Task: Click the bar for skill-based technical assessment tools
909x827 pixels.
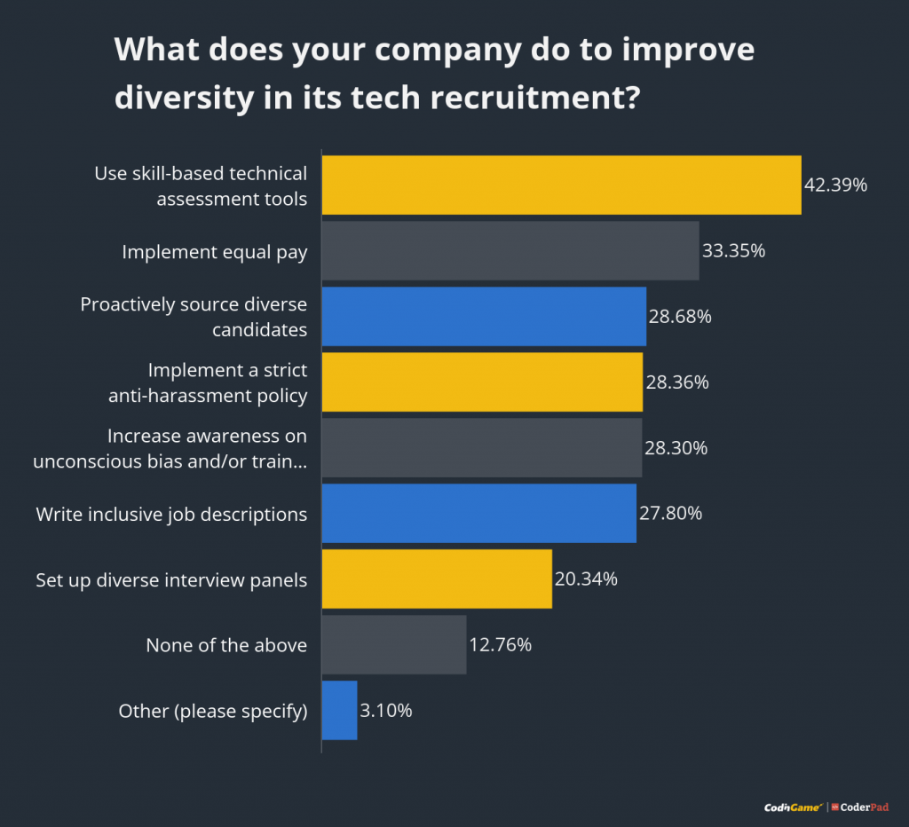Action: pyautogui.click(x=561, y=185)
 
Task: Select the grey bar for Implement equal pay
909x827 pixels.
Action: pyautogui.click(x=510, y=251)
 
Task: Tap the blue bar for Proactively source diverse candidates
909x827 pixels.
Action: pyautogui.click(x=484, y=317)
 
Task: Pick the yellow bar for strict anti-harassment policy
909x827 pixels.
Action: pyautogui.click(x=482, y=382)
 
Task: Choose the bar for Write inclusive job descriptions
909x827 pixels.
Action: pyautogui.click(x=478, y=513)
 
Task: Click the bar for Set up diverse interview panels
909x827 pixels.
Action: pyautogui.click(x=437, y=579)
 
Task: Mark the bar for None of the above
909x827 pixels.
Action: pyautogui.click(x=394, y=644)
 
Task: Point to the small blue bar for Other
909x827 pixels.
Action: pyautogui.click(x=339, y=710)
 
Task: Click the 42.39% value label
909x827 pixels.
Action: pyautogui.click(x=835, y=185)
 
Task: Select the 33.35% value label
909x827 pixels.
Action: pyautogui.click(x=733, y=251)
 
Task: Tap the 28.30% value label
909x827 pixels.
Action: pyautogui.click(x=676, y=448)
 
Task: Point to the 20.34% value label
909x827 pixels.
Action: pyautogui.click(x=586, y=579)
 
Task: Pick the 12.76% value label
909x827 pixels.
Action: pyautogui.click(x=500, y=645)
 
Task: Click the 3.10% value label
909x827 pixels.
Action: pyautogui.click(x=386, y=711)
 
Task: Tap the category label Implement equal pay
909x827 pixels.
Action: pyautogui.click(x=215, y=252)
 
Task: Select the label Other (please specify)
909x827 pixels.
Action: pyautogui.click(x=213, y=711)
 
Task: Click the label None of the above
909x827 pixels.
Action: pyautogui.click(x=226, y=645)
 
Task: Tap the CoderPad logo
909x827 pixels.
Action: pyautogui.click(x=860, y=807)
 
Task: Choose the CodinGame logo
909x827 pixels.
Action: pyautogui.click(x=793, y=807)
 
